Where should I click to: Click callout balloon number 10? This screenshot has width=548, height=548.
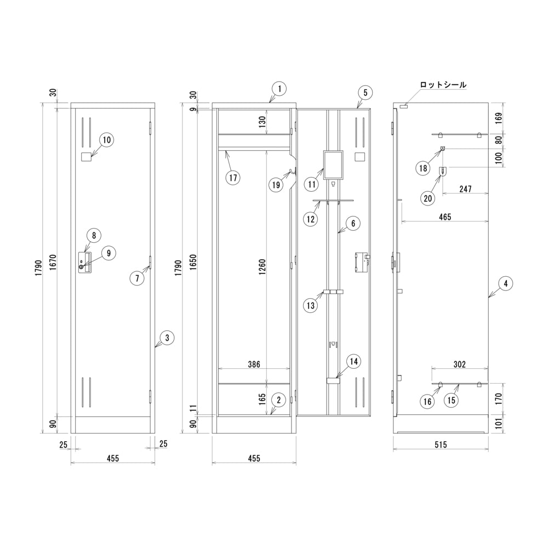pos(107,140)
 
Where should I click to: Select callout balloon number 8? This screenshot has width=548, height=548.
pos(94,236)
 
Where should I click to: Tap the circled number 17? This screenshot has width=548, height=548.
pos(233,178)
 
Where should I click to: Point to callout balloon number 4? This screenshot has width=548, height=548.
pos(506,283)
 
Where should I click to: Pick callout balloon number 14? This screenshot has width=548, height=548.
pos(353,361)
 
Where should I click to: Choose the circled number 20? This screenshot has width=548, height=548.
pos(428,198)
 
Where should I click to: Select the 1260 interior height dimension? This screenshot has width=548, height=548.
pos(262,267)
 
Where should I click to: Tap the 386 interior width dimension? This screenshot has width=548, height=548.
pos(254,364)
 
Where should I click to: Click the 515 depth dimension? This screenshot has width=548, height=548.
pos(441,444)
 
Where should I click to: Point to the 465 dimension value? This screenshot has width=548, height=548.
pos(445,217)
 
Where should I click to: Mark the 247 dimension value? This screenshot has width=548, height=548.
pos(465,189)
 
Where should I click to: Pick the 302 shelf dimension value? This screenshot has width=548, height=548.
pos(460,364)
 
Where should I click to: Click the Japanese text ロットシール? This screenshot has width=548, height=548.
pos(443,84)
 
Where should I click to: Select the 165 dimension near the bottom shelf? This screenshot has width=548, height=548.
pos(262,399)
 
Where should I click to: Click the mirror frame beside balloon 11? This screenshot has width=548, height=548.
pos(333,164)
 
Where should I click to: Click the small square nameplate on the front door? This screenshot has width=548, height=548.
pos(86,157)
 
